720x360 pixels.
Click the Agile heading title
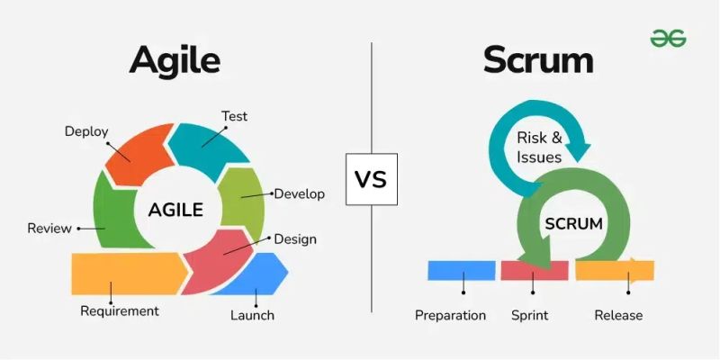click(175, 60)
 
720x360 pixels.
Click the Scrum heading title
click(538, 60)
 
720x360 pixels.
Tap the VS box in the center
click(370, 178)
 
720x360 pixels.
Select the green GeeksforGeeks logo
click(669, 37)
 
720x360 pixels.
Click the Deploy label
click(86, 131)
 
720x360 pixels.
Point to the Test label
click(234, 116)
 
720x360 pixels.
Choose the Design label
click(295, 239)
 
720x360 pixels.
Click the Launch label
click(252, 315)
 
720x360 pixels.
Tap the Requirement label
click(120, 311)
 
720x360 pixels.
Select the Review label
click(49, 229)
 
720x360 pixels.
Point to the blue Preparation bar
click(462, 270)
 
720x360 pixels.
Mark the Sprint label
click(530, 315)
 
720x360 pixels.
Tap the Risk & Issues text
click(539, 148)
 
